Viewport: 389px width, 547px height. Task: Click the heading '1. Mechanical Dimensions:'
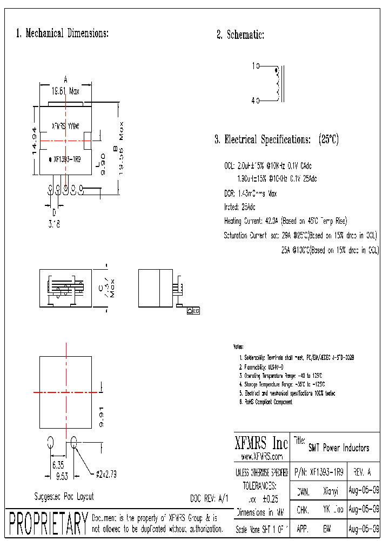[63, 34]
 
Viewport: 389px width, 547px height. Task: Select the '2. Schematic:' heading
[240, 35]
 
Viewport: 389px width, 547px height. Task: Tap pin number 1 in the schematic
[253, 66]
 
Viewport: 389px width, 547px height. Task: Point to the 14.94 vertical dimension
[34, 141]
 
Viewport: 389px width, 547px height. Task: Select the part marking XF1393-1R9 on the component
[67, 159]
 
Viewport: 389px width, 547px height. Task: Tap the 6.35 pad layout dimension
[59, 464]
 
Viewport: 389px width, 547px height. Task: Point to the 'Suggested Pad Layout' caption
[64, 496]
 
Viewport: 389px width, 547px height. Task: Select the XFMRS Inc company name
[261, 444]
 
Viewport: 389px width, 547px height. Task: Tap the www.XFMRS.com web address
[261, 457]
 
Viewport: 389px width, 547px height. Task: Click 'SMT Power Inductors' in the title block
[338, 448]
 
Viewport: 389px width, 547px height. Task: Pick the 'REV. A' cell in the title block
[361, 471]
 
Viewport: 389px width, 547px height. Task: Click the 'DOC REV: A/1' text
[210, 498]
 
